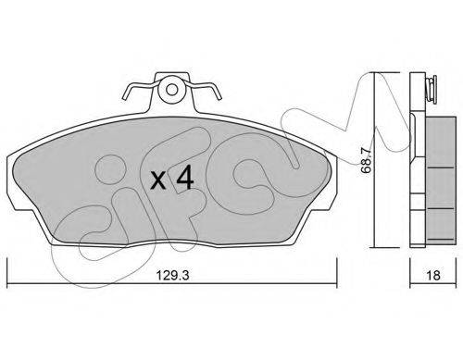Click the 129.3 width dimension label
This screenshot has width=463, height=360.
point(172,275)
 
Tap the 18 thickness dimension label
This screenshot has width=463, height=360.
point(433,275)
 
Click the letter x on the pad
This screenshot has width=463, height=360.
point(158,180)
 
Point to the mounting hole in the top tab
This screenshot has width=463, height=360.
point(172,90)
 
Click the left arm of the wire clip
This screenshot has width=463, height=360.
point(139,90)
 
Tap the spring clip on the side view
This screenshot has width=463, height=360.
point(430,90)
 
